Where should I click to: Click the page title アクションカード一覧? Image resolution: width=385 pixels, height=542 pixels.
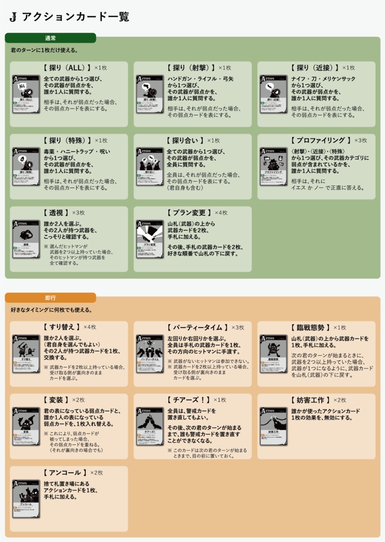pyautogui.click(x=75, y=17)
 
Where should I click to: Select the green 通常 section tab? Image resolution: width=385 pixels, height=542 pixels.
pyautogui.click(x=50, y=38)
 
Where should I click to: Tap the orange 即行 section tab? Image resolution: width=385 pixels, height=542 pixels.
pyautogui.click(x=50, y=298)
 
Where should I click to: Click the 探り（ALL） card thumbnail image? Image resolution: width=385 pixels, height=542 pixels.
pyautogui.click(x=26, y=94)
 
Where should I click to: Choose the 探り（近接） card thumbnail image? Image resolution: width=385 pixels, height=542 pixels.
pyautogui.click(x=273, y=94)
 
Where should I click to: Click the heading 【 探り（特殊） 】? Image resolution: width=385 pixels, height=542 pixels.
pyautogui.click(x=67, y=140)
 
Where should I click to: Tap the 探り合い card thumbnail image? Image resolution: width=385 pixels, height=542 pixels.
pyautogui.click(x=150, y=166)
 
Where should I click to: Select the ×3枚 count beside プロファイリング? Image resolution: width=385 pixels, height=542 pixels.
pyautogui.click(x=360, y=140)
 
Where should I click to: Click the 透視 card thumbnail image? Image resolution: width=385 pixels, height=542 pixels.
pyautogui.click(x=26, y=239)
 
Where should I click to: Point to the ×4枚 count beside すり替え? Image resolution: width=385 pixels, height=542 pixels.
pyautogui.click(x=90, y=327)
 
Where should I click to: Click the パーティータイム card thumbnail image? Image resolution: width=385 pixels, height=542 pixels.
pyautogui.click(x=150, y=353)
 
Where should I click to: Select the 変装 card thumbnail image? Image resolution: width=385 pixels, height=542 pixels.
pyautogui.click(x=26, y=426)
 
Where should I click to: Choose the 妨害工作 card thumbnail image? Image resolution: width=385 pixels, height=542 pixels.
pyautogui.click(x=273, y=426)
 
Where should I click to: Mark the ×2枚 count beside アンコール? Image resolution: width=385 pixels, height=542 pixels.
pyautogui.click(x=96, y=472)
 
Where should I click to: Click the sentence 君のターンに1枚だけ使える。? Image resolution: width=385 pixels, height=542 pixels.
pyautogui.click(x=44, y=50)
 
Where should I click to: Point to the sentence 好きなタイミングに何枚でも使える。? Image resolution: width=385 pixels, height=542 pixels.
pyautogui.click(x=51, y=310)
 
